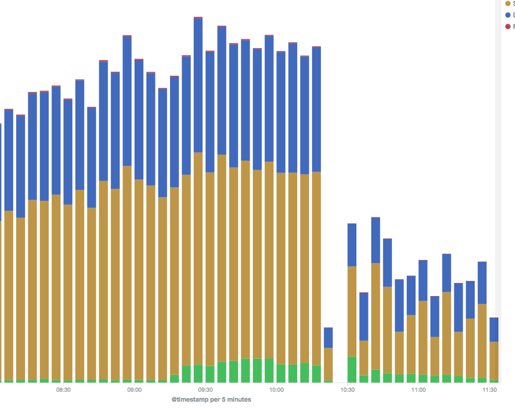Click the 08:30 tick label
(x=63, y=390)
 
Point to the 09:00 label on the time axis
(x=135, y=390)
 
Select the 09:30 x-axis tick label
(x=206, y=390)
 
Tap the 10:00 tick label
(x=276, y=390)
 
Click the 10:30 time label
(x=348, y=390)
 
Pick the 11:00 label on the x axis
(x=418, y=390)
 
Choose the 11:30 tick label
(x=489, y=390)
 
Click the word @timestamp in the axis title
(x=190, y=400)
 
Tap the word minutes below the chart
(x=239, y=400)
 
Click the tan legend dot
(x=508, y=4)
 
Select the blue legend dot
(x=508, y=15)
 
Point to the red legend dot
(x=508, y=27)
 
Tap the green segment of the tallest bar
(x=198, y=373)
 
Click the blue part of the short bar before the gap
(x=328, y=338)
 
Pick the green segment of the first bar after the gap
(x=352, y=369)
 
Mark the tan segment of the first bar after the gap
(x=352, y=311)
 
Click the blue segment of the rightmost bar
(x=494, y=330)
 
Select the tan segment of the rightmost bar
(x=494, y=360)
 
